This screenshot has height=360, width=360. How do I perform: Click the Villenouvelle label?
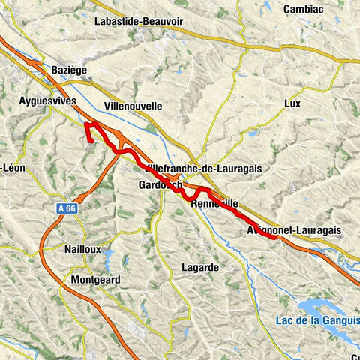coord(133,106)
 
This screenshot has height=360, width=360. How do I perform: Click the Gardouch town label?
coord(160,185)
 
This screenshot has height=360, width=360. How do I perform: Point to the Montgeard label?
coord(95,279)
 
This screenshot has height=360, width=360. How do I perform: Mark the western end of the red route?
coord(91,140)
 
